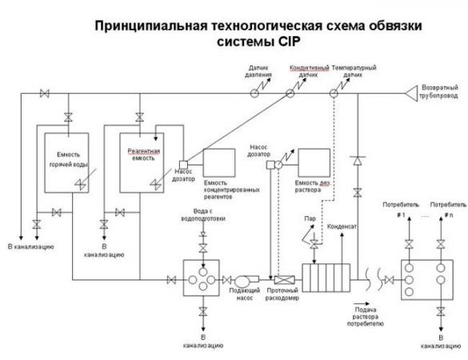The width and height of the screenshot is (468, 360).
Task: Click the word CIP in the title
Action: (x=289, y=42)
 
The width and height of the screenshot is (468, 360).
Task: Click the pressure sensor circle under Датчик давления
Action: (x=254, y=94)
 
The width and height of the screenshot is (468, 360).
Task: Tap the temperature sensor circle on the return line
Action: (x=334, y=94)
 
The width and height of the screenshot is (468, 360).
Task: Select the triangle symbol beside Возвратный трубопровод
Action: (x=411, y=94)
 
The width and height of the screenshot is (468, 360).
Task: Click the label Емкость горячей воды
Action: (x=68, y=159)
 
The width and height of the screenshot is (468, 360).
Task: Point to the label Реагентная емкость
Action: (x=143, y=154)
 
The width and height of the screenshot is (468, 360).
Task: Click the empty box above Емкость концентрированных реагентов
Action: (x=219, y=162)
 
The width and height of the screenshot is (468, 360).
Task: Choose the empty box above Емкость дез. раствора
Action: (x=314, y=162)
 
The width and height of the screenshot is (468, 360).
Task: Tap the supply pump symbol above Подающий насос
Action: (x=246, y=280)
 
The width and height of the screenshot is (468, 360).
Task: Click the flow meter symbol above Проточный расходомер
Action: (x=285, y=280)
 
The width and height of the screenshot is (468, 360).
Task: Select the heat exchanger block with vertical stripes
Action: (x=326, y=278)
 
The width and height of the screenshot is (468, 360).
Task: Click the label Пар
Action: (x=310, y=218)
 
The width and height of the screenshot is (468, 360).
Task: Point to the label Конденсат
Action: (x=342, y=226)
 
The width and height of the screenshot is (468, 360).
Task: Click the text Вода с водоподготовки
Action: (x=203, y=215)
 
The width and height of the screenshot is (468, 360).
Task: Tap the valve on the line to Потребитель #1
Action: (x=409, y=244)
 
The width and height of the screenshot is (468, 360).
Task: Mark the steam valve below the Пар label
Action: (x=314, y=244)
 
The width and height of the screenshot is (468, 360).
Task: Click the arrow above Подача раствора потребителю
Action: (x=362, y=304)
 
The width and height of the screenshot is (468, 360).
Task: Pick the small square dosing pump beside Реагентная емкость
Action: (x=183, y=165)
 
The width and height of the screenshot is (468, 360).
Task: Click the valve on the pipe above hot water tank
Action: (x=68, y=117)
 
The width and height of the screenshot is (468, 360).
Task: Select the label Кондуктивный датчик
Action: (x=309, y=71)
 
